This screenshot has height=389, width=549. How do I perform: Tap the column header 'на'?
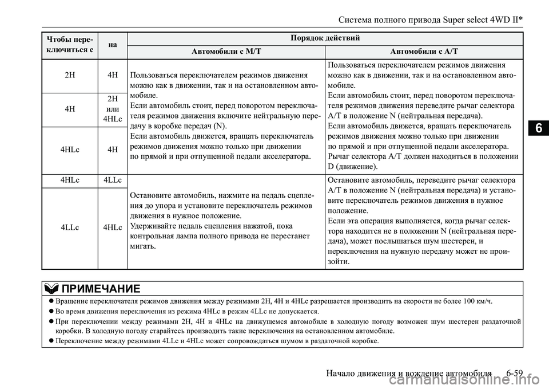[x=113, y=44]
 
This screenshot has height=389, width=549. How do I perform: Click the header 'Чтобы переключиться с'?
[x=70, y=44]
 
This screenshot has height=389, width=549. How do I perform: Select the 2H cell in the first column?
[x=70, y=74]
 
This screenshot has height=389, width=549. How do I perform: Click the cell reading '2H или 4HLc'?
[x=113, y=109]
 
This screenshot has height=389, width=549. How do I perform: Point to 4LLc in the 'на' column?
[x=113, y=180]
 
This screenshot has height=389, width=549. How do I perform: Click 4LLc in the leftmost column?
[x=70, y=227]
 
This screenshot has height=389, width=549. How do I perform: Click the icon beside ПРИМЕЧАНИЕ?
[x=50, y=288]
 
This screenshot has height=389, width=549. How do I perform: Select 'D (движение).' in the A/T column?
[x=353, y=167]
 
